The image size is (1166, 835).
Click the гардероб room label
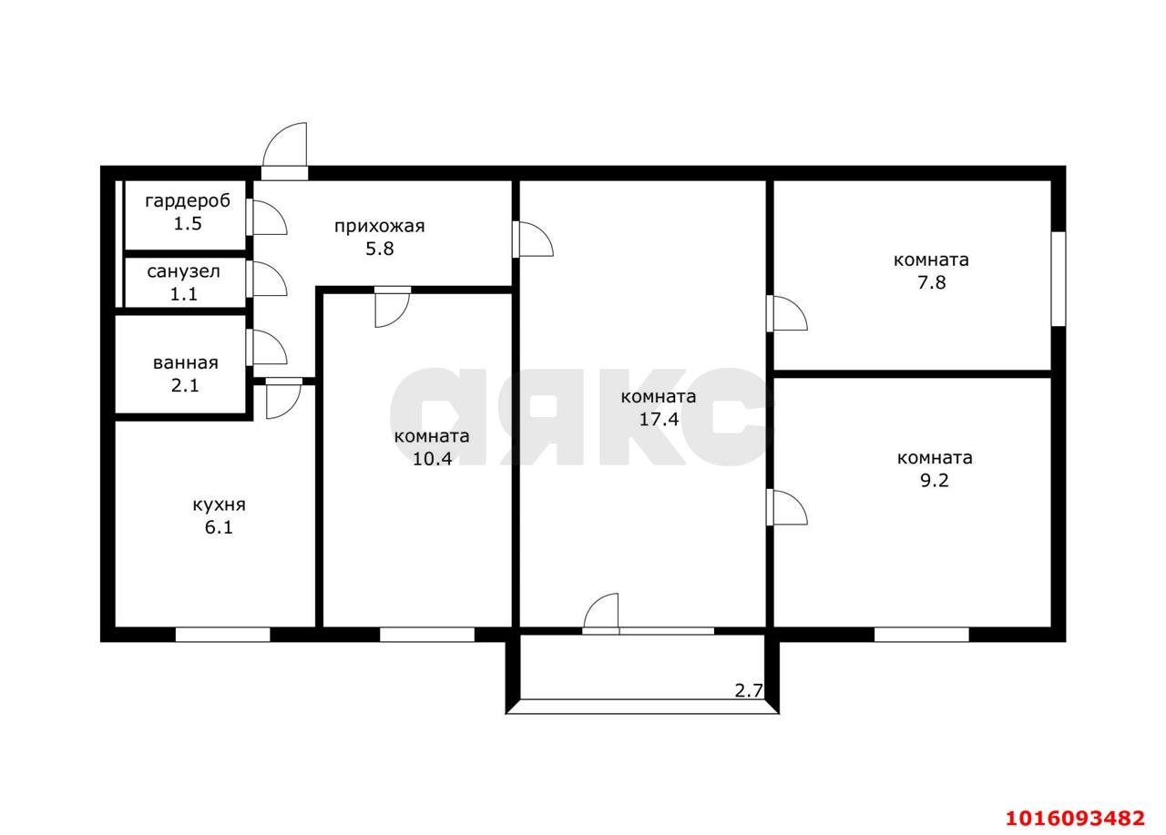[x=188, y=200]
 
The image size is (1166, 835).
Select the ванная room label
[x=186, y=363]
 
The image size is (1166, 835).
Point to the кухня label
[x=219, y=504]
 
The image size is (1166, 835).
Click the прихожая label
[x=379, y=226]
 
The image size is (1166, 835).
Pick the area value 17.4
[x=658, y=420]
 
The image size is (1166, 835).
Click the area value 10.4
[x=432, y=459]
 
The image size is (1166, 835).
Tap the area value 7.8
[x=931, y=282]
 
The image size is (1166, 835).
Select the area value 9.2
[x=935, y=481]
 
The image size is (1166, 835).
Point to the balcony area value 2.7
[x=749, y=690]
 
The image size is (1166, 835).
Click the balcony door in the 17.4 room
[x=601, y=613]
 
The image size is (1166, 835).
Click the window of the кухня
[x=222, y=635]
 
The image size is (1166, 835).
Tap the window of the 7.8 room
[x=1059, y=279]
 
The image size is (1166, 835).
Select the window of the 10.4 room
[x=427, y=635]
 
